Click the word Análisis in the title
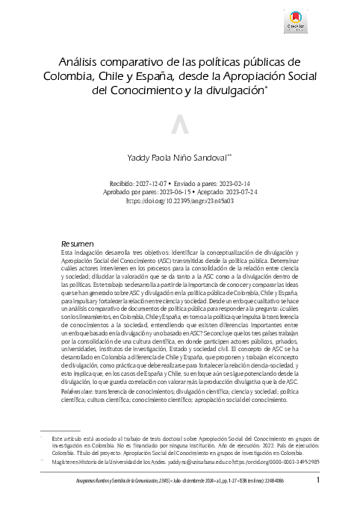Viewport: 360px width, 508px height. pyautogui.click(x=81, y=61)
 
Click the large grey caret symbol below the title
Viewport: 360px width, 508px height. pyautogui.click(x=179, y=127)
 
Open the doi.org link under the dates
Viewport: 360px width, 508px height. pyautogui.click(x=179, y=200)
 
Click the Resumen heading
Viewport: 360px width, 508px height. pyautogui.click(x=78, y=244)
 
